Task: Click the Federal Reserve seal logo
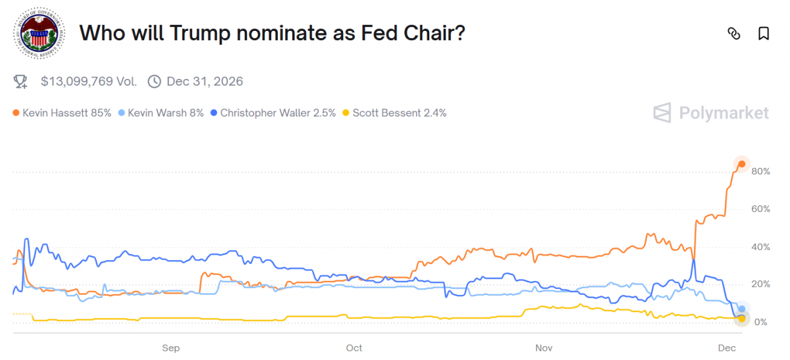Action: click(x=39, y=34)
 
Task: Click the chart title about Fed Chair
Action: click(x=272, y=33)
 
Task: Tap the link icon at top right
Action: click(x=734, y=34)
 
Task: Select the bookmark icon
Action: click(x=764, y=34)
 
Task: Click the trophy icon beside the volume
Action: click(x=20, y=82)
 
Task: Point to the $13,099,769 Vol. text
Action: click(x=89, y=82)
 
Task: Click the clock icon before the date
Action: click(x=154, y=82)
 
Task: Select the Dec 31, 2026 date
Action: click(x=205, y=82)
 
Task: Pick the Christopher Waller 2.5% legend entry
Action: click(x=273, y=113)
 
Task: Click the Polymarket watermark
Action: click(x=711, y=113)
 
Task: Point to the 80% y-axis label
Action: click(x=760, y=172)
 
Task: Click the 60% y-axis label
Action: click(x=760, y=209)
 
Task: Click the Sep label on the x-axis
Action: click(x=171, y=348)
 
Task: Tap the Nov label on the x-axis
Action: click(x=543, y=348)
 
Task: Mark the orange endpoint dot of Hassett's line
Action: click(x=741, y=164)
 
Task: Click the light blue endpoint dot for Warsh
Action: click(x=742, y=309)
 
